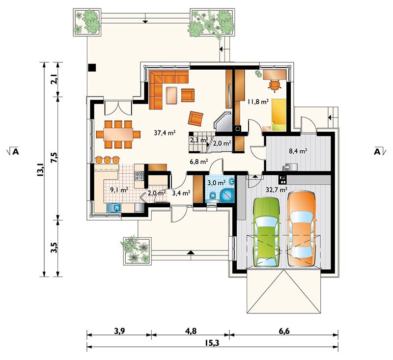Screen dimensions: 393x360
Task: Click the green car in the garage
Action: [x=266, y=232]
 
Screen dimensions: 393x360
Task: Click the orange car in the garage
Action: [x=301, y=228]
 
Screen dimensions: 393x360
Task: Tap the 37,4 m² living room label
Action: [x=165, y=133]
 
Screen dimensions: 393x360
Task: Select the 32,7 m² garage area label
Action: [x=277, y=190]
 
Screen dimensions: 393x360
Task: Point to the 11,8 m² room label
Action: [x=258, y=102]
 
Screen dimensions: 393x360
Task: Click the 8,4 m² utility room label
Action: [x=298, y=151]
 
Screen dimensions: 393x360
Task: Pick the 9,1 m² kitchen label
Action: [x=119, y=190]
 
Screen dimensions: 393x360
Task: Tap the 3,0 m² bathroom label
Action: [x=217, y=183]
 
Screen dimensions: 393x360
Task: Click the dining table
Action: [x=118, y=135]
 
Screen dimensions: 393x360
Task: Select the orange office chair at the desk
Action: [x=275, y=85]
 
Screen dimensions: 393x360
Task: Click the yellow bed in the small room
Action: [x=279, y=115]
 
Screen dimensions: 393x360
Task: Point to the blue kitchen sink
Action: [x=114, y=208]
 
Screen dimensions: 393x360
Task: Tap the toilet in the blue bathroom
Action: [x=213, y=195]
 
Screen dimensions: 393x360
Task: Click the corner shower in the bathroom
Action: [x=227, y=195]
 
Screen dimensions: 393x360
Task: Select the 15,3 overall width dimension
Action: [x=212, y=343]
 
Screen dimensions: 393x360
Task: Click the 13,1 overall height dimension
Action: [x=40, y=169]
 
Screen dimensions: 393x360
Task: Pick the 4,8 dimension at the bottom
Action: [x=191, y=331]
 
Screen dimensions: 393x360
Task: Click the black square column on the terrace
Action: [x=92, y=67]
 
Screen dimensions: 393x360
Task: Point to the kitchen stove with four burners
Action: [x=139, y=176]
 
